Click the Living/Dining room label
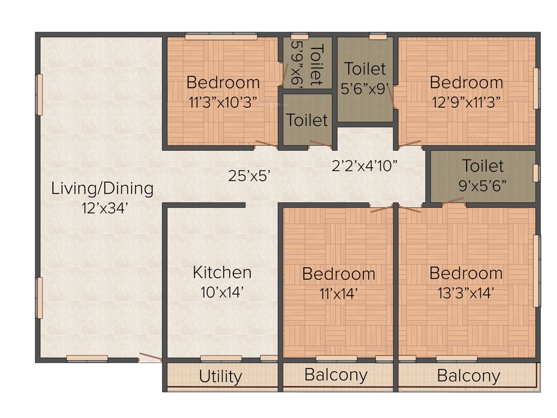click(x=102, y=189)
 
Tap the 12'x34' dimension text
click(x=102, y=207)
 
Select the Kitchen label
click(x=222, y=272)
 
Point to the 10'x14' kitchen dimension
click(x=222, y=292)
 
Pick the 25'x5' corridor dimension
click(x=249, y=175)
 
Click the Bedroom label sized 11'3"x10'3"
click(x=223, y=83)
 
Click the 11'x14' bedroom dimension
click(x=338, y=293)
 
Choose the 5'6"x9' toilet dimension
click(x=365, y=88)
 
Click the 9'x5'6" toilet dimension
click(x=482, y=185)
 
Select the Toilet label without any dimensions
click(x=307, y=120)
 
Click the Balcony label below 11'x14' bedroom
click(x=336, y=375)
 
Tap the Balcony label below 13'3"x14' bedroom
click(x=468, y=376)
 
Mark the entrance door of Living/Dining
click(x=150, y=357)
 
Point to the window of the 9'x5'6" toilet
click(x=536, y=173)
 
